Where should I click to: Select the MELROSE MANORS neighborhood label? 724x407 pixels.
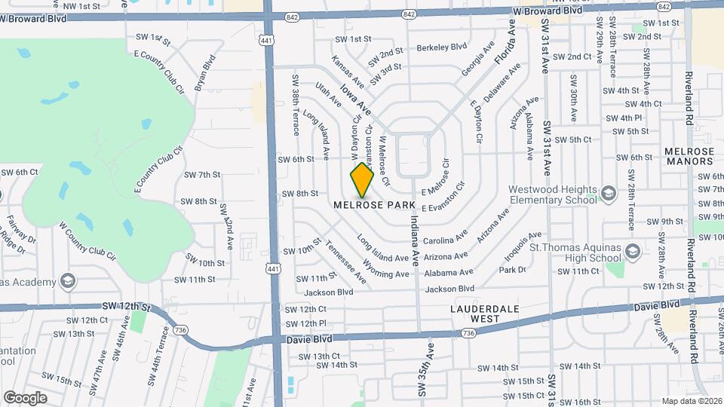[x=689, y=156]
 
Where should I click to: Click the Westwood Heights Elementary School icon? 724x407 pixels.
[x=609, y=196]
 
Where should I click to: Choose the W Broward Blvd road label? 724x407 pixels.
[x=549, y=11]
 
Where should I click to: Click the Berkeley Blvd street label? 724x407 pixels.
[x=442, y=47]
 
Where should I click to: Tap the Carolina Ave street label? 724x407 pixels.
[x=445, y=240]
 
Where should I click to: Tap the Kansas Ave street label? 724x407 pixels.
[x=348, y=70]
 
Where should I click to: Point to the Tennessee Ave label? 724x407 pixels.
[x=346, y=263]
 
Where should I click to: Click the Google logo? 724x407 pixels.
[x=25, y=397]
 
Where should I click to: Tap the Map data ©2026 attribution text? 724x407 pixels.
[x=689, y=401]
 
